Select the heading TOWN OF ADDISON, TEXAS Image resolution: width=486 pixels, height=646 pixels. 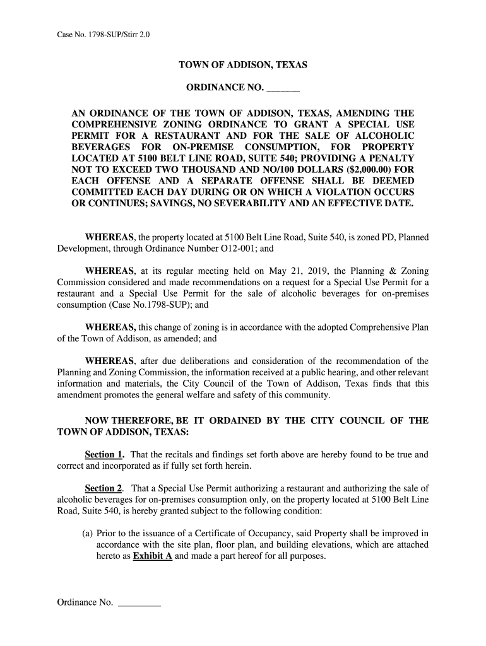(x=243, y=66)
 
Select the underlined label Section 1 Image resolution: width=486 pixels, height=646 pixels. (x=104, y=454)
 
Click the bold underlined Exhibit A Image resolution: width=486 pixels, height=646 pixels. (x=153, y=556)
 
